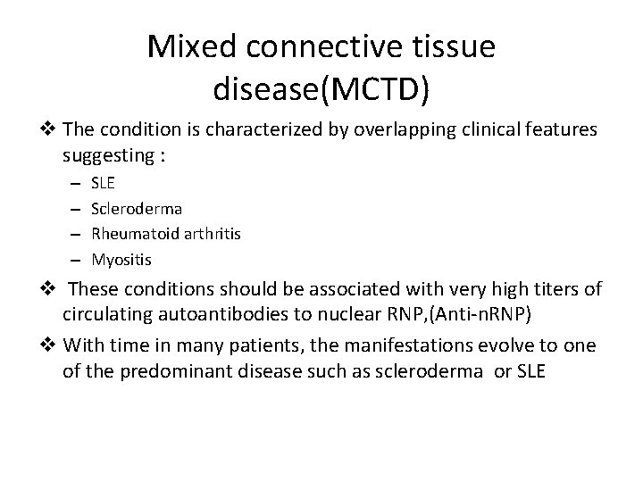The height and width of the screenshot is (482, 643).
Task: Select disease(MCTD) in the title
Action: pyautogui.click(x=321, y=87)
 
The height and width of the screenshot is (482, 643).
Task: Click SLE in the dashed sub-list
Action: pyautogui.click(x=104, y=182)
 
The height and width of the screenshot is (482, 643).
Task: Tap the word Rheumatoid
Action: pyautogui.click(x=132, y=234)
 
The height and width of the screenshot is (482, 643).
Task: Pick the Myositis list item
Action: pyautogui.click(x=121, y=260)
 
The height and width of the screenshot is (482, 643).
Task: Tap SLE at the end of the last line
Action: pyautogui.click(x=525, y=369)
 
